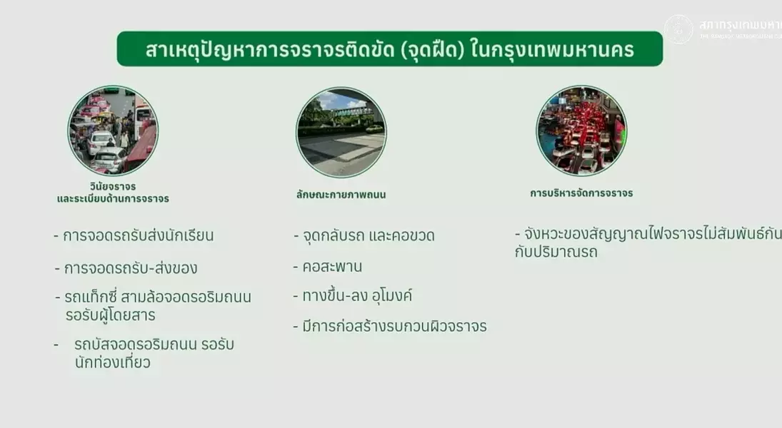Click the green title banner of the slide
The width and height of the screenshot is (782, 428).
point(389,49)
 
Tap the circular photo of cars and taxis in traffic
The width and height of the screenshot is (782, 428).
point(113,131)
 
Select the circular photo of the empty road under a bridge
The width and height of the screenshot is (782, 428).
point(341,133)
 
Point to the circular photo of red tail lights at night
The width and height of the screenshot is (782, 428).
point(581,131)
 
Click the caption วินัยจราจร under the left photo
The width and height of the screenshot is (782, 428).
point(113,186)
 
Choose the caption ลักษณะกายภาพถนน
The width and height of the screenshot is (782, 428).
point(341,193)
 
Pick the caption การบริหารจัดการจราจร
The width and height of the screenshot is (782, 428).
point(581,193)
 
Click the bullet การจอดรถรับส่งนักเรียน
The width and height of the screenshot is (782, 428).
point(138,235)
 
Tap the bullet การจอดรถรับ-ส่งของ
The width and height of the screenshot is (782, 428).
point(130,269)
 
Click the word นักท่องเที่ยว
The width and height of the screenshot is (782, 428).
point(113,362)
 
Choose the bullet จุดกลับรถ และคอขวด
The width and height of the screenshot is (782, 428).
point(368,235)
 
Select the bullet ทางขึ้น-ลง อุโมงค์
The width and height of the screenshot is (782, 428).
point(356,296)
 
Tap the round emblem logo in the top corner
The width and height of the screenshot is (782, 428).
point(678,29)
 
